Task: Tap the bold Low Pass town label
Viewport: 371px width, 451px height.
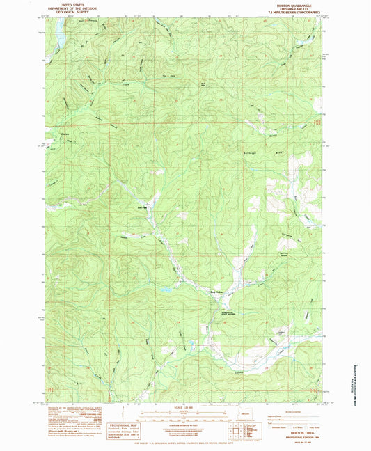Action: coord(142,206)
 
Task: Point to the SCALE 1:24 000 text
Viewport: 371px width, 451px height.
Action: coord(185,407)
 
